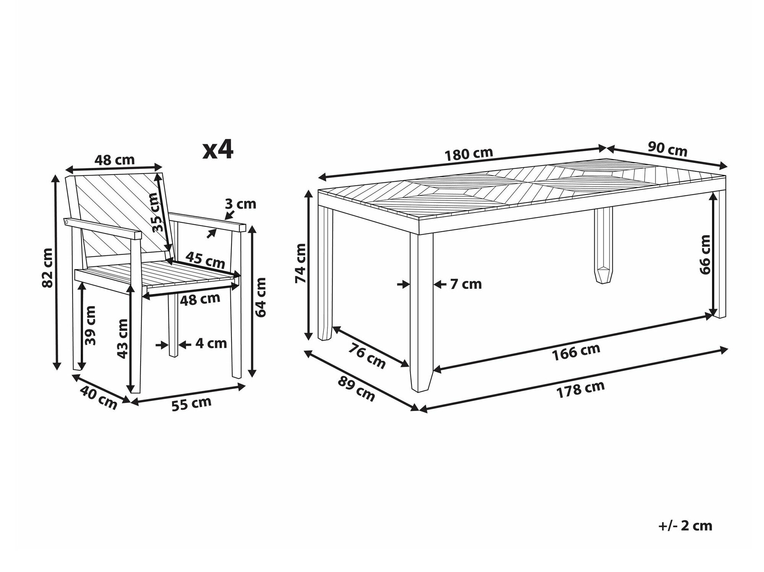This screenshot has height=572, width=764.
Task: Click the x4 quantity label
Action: pos(218,150)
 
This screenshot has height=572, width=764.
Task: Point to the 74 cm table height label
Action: pos(301,263)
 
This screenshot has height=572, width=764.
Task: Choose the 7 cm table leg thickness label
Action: pos(466,284)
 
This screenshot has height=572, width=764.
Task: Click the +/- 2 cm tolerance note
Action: pos(685,525)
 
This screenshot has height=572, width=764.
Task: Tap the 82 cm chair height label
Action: pos(47,267)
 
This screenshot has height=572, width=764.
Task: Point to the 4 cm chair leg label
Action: pos(211,343)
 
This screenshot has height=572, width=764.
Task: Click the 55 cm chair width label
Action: pos(191,404)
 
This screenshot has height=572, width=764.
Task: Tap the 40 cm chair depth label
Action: pos(99,397)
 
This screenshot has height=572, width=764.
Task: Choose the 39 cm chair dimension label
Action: pos(91,325)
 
